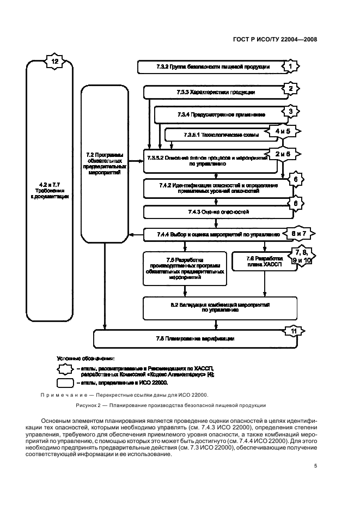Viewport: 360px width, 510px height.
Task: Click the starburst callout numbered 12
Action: (54, 62)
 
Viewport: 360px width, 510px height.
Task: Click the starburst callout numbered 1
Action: (292, 66)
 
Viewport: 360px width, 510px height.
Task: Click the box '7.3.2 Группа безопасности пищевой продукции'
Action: (211, 67)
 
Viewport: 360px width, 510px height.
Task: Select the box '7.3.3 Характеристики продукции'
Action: (215, 92)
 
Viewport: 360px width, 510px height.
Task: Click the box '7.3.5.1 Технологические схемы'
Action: (218, 134)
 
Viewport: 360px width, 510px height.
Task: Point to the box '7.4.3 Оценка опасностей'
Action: (215, 211)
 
